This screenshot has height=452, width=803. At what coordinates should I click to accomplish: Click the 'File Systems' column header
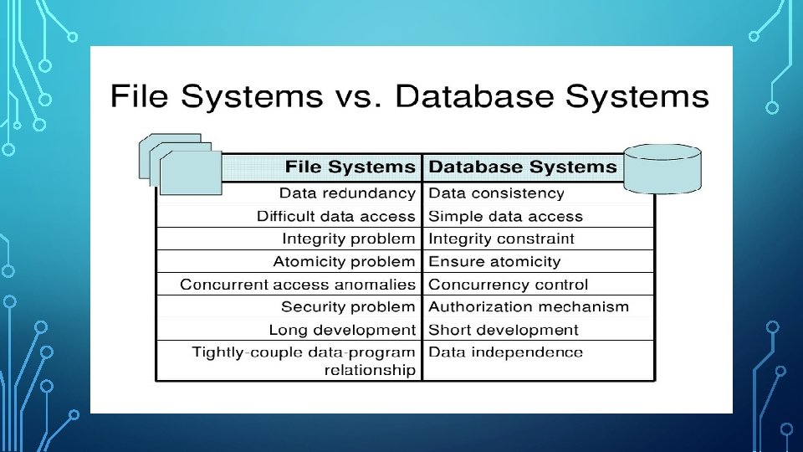click(x=350, y=167)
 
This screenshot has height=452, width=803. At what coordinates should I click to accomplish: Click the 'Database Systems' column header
click(x=523, y=167)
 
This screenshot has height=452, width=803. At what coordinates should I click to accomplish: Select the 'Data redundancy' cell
click(x=347, y=193)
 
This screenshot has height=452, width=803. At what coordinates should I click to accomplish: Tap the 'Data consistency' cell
click(x=497, y=193)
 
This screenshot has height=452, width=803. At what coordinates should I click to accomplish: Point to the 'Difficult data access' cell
click(x=336, y=216)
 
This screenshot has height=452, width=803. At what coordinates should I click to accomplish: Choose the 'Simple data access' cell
click(x=505, y=216)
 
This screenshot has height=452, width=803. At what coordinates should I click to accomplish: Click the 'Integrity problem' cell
click(x=349, y=239)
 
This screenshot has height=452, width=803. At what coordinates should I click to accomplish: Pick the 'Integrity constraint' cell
click(x=502, y=239)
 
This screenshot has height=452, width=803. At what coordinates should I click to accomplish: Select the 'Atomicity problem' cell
click(x=344, y=262)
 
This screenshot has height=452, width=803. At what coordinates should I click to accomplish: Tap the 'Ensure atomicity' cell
click(x=494, y=262)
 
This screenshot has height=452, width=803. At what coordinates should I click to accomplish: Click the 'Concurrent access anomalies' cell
click(x=298, y=285)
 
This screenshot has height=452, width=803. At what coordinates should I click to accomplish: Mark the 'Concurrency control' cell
click(x=509, y=285)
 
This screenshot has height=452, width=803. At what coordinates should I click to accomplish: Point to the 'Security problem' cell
click(x=348, y=307)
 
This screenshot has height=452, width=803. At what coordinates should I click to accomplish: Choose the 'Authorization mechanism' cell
click(x=529, y=307)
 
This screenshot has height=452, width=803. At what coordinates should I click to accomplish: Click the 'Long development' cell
click(x=342, y=330)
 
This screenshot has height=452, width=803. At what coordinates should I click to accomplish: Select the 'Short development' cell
click(x=504, y=330)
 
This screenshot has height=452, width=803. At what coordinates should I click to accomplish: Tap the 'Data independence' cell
click(x=506, y=352)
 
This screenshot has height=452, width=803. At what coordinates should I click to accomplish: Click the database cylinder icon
click(x=662, y=168)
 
